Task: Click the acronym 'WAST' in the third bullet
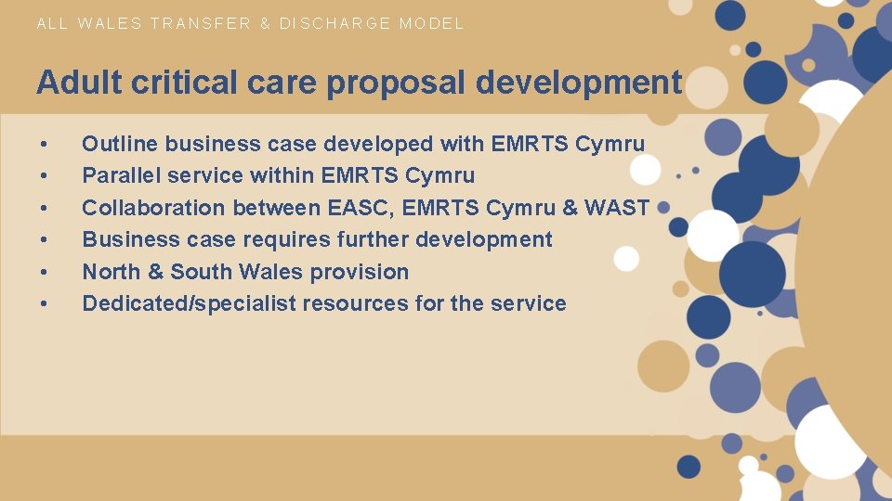[x=618, y=208]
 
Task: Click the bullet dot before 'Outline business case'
[x=43, y=145]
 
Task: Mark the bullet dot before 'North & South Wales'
[x=43, y=273]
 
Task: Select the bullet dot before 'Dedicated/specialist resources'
[x=43, y=304]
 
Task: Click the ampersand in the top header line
[x=266, y=23]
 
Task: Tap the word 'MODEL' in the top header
[x=432, y=23]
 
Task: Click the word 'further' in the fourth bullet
[x=380, y=239]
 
